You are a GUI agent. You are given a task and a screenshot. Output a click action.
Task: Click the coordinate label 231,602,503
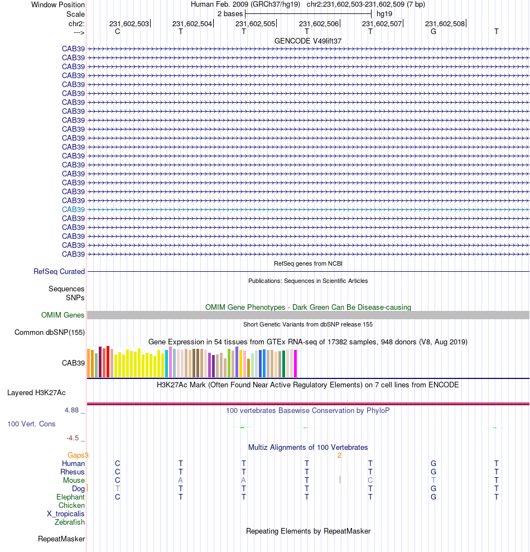click(x=129, y=23)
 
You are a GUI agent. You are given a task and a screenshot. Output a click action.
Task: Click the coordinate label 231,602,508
click(x=445, y=23)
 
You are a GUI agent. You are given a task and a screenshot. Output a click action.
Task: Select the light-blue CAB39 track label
click(x=74, y=209)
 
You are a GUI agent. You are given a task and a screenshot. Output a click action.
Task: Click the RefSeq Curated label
click(x=59, y=271)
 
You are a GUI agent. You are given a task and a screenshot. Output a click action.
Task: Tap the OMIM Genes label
click(x=63, y=315)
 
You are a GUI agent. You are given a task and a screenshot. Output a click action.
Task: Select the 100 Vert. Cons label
click(x=31, y=424)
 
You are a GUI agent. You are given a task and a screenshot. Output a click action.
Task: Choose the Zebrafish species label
click(x=70, y=522)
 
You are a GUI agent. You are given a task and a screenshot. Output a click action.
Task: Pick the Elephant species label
click(x=70, y=497)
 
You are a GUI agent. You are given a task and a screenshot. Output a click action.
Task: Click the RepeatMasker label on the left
click(x=61, y=539)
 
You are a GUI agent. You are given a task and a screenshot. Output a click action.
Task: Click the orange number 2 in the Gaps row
click(x=339, y=455)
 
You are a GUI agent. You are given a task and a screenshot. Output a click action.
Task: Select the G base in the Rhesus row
click(x=433, y=472)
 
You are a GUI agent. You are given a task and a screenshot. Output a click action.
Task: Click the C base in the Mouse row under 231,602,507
click(x=370, y=481)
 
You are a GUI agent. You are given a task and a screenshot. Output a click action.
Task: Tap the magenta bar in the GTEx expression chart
click(x=295, y=363)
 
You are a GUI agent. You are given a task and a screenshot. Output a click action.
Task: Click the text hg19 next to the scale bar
click(x=384, y=13)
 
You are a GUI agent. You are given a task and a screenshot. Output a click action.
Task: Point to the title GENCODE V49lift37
click(x=308, y=41)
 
